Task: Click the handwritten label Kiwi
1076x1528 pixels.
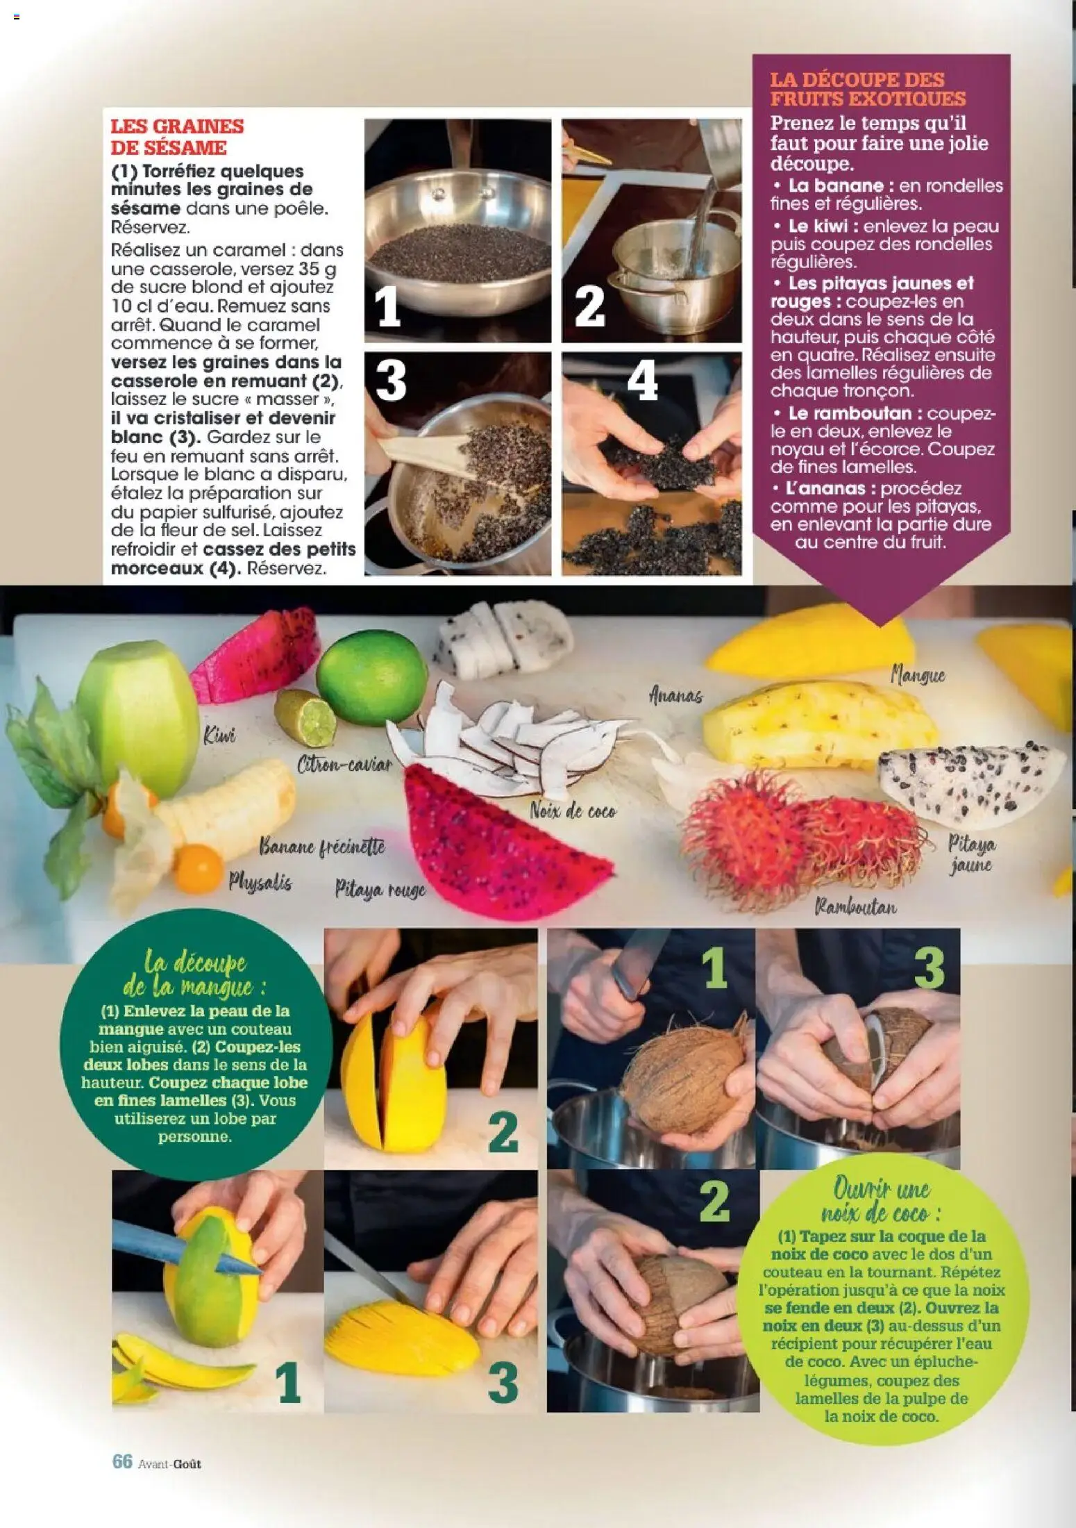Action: click(220, 736)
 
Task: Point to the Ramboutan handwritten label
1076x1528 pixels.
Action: click(855, 906)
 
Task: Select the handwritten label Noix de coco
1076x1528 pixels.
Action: click(573, 811)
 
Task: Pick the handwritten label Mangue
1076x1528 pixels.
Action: click(918, 674)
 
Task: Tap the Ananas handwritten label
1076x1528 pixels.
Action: click(675, 695)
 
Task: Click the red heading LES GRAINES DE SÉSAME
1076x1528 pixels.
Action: click(178, 137)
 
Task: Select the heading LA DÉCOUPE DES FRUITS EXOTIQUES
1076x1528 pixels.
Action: click(867, 89)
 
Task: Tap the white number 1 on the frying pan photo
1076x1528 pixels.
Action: click(388, 307)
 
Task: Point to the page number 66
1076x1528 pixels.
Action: click(122, 1461)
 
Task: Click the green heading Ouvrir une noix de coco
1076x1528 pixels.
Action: click(881, 1201)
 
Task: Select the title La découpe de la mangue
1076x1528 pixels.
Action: click(195, 975)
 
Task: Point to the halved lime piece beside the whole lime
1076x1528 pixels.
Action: click(306, 718)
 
